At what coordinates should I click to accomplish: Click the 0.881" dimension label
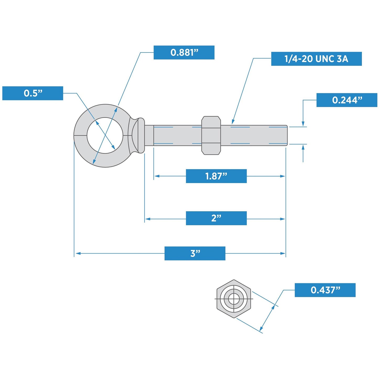pyautogui.click(x=184, y=52)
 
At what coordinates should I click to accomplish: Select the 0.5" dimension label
pyautogui.click(x=33, y=93)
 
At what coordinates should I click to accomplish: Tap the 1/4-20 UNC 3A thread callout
pyautogui.click(x=316, y=59)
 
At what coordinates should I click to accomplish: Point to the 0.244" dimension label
pyautogui.click(x=347, y=100)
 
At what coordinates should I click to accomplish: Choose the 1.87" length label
pyautogui.click(x=216, y=176)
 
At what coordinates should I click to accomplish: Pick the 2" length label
pyautogui.click(x=216, y=218)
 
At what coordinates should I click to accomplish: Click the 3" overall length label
pyautogui.click(x=195, y=253)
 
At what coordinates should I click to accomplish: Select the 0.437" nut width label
pyautogui.click(x=325, y=290)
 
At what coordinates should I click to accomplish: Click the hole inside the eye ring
pyautogui.click(x=105, y=135)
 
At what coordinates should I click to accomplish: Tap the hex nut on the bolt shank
pyautogui.click(x=211, y=135)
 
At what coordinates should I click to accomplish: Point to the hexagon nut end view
pyautogui.click(x=234, y=299)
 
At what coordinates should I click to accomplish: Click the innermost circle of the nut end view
pyautogui.click(x=233, y=299)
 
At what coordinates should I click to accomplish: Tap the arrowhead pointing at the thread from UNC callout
pyautogui.click(x=233, y=122)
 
